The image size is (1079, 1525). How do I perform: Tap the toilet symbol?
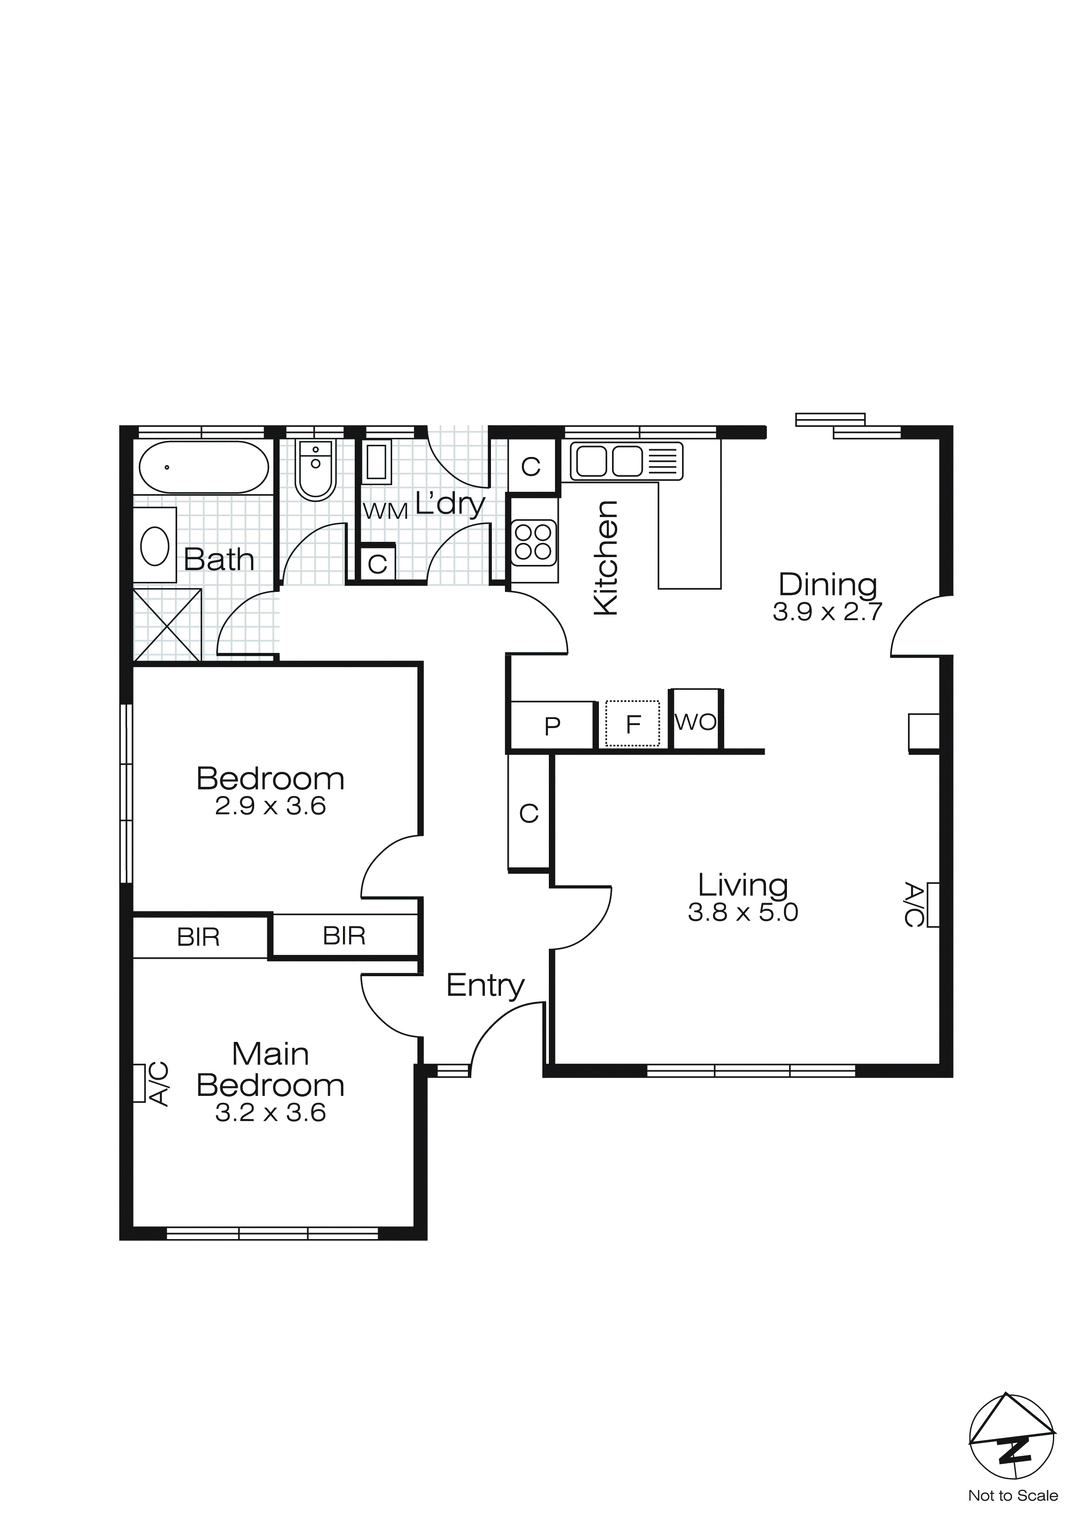(x=316, y=470)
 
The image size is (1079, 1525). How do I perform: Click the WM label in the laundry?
(x=385, y=511)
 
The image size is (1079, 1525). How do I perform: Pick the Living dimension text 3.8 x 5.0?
(x=743, y=912)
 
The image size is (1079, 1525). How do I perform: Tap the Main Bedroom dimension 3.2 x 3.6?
(x=270, y=1112)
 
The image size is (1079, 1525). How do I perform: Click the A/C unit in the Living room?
(x=932, y=905)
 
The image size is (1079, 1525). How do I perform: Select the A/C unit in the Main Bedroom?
(x=140, y=1083)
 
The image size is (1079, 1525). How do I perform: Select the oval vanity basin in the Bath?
(x=155, y=546)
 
